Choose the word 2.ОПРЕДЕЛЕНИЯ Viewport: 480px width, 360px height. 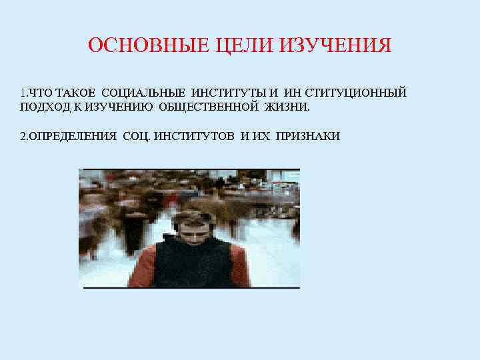coord(68,137)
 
